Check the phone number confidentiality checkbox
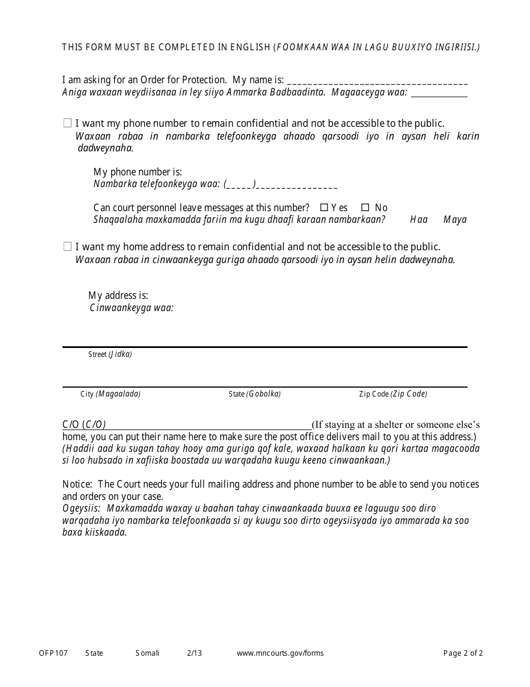click(x=68, y=123)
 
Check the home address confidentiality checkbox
click(x=68, y=246)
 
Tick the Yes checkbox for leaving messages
click(x=324, y=207)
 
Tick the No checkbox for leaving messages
click(x=365, y=207)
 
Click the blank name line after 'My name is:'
click(x=378, y=82)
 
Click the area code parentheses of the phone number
click(x=240, y=185)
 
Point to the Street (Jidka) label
click(x=110, y=355)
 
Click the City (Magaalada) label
click(x=110, y=394)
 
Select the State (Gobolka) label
click(x=254, y=394)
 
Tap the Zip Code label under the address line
click(x=393, y=394)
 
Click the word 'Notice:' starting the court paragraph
click(x=77, y=485)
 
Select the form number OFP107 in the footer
click(x=54, y=653)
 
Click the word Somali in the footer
click(x=147, y=653)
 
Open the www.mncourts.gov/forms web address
click(x=280, y=653)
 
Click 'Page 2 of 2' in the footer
click(x=463, y=653)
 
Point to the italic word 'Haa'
click(x=419, y=220)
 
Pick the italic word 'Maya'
click(x=455, y=220)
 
